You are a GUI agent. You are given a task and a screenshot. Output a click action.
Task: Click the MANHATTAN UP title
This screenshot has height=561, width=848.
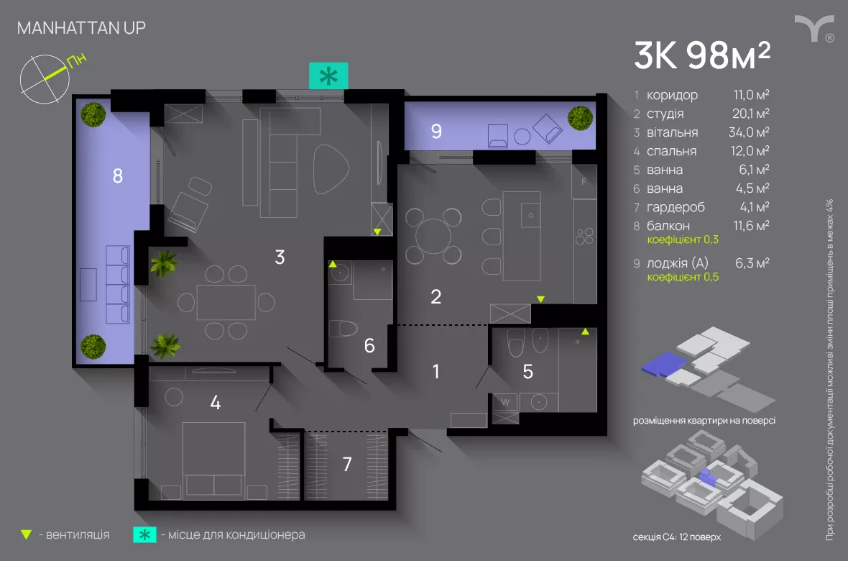82,27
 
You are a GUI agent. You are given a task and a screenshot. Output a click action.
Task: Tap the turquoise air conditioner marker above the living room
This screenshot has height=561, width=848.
328,76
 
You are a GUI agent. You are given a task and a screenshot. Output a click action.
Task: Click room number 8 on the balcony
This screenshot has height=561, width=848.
117,176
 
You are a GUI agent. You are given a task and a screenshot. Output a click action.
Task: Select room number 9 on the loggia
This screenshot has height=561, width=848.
436,131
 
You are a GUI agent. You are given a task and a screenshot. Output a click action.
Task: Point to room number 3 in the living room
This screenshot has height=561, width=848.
280,257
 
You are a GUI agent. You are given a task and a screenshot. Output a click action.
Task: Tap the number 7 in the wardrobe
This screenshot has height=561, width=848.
347,464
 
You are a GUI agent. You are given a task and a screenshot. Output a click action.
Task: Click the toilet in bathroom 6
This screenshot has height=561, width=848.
343,328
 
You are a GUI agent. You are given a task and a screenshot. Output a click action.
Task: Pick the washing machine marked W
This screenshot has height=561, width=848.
505,402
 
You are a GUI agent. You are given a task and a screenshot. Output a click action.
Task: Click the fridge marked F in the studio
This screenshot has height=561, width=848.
584,182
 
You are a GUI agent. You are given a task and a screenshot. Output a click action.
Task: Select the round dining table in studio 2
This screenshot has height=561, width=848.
433,236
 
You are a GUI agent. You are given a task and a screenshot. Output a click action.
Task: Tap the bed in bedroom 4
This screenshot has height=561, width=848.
213,460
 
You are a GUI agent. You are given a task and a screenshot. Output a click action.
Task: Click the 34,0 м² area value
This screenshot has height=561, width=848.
749,132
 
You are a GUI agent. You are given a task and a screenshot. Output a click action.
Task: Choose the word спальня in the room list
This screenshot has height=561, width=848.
672,151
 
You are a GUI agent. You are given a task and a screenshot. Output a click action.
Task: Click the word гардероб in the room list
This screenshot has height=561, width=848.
676,207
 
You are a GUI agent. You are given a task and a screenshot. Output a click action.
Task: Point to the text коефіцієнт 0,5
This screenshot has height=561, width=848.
683,277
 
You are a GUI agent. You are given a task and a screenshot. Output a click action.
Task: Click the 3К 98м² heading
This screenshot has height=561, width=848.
702,55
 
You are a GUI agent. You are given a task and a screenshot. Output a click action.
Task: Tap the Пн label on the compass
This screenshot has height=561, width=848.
77,60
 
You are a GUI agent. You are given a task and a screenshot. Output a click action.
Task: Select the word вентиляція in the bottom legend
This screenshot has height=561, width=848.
78,535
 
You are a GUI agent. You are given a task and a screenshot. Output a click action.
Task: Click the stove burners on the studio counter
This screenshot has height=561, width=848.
585,237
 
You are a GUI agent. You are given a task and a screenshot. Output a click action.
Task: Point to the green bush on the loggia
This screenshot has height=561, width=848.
580,119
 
